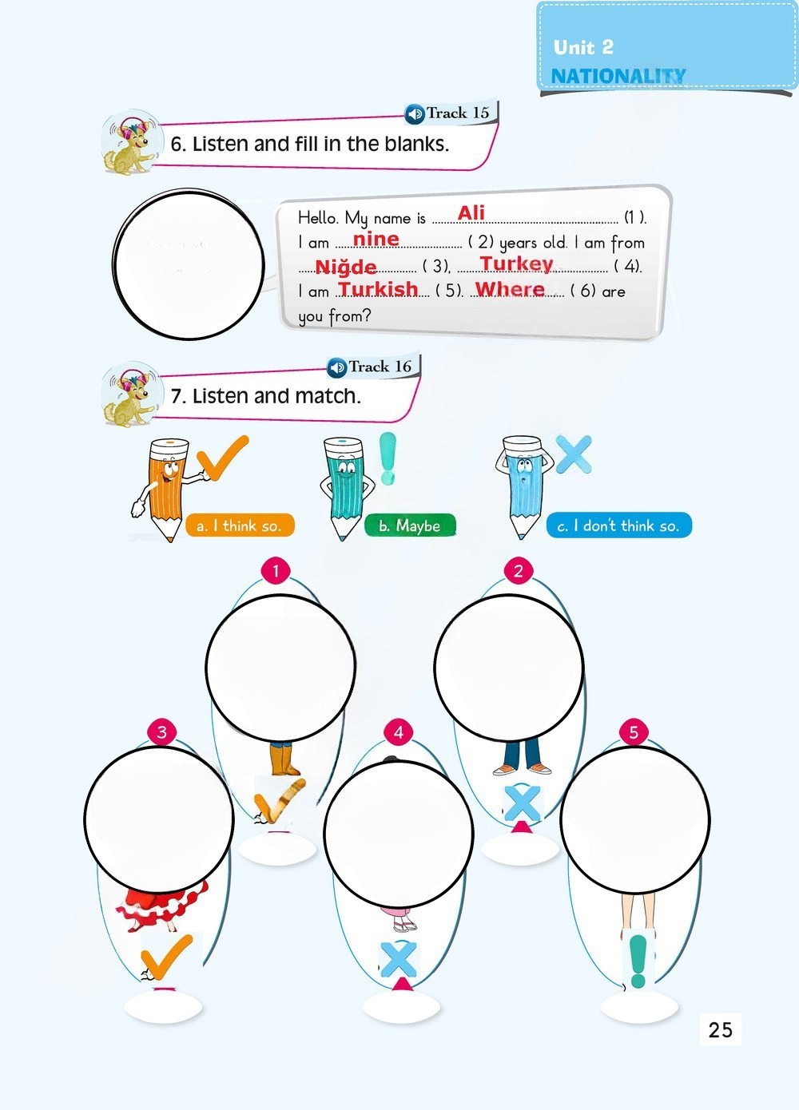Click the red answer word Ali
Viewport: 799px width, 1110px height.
pyautogui.click(x=471, y=213)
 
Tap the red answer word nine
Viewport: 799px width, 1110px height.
pyautogui.click(x=376, y=239)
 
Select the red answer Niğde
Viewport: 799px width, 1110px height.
pyautogui.click(x=345, y=267)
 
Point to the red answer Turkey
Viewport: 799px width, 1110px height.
pyautogui.click(x=516, y=264)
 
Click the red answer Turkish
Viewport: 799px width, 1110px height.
pyautogui.click(x=378, y=288)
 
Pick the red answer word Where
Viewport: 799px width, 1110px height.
pyautogui.click(x=510, y=288)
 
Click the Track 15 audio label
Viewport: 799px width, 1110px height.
pyautogui.click(x=447, y=113)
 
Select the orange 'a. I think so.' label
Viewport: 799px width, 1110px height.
pyautogui.click(x=240, y=525)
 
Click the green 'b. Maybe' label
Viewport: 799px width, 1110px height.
pyautogui.click(x=410, y=525)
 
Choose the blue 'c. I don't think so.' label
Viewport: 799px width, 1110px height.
pyautogui.click(x=618, y=525)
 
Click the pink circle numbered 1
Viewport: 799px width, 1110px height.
pyautogui.click(x=276, y=570)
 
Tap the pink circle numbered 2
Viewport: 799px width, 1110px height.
pyautogui.click(x=519, y=571)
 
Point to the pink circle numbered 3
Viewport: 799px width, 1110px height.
pyautogui.click(x=162, y=731)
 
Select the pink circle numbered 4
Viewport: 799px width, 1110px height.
pyautogui.click(x=399, y=732)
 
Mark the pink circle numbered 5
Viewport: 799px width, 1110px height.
pyautogui.click(x=634, y=732)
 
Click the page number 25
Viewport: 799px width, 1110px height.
pyautogui.click(x=720, y=1029)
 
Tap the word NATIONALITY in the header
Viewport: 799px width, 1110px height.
pyautogui.click(x=618, y=76)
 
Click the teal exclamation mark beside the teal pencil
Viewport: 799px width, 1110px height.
pyautogui.click(x=388, y=458)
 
